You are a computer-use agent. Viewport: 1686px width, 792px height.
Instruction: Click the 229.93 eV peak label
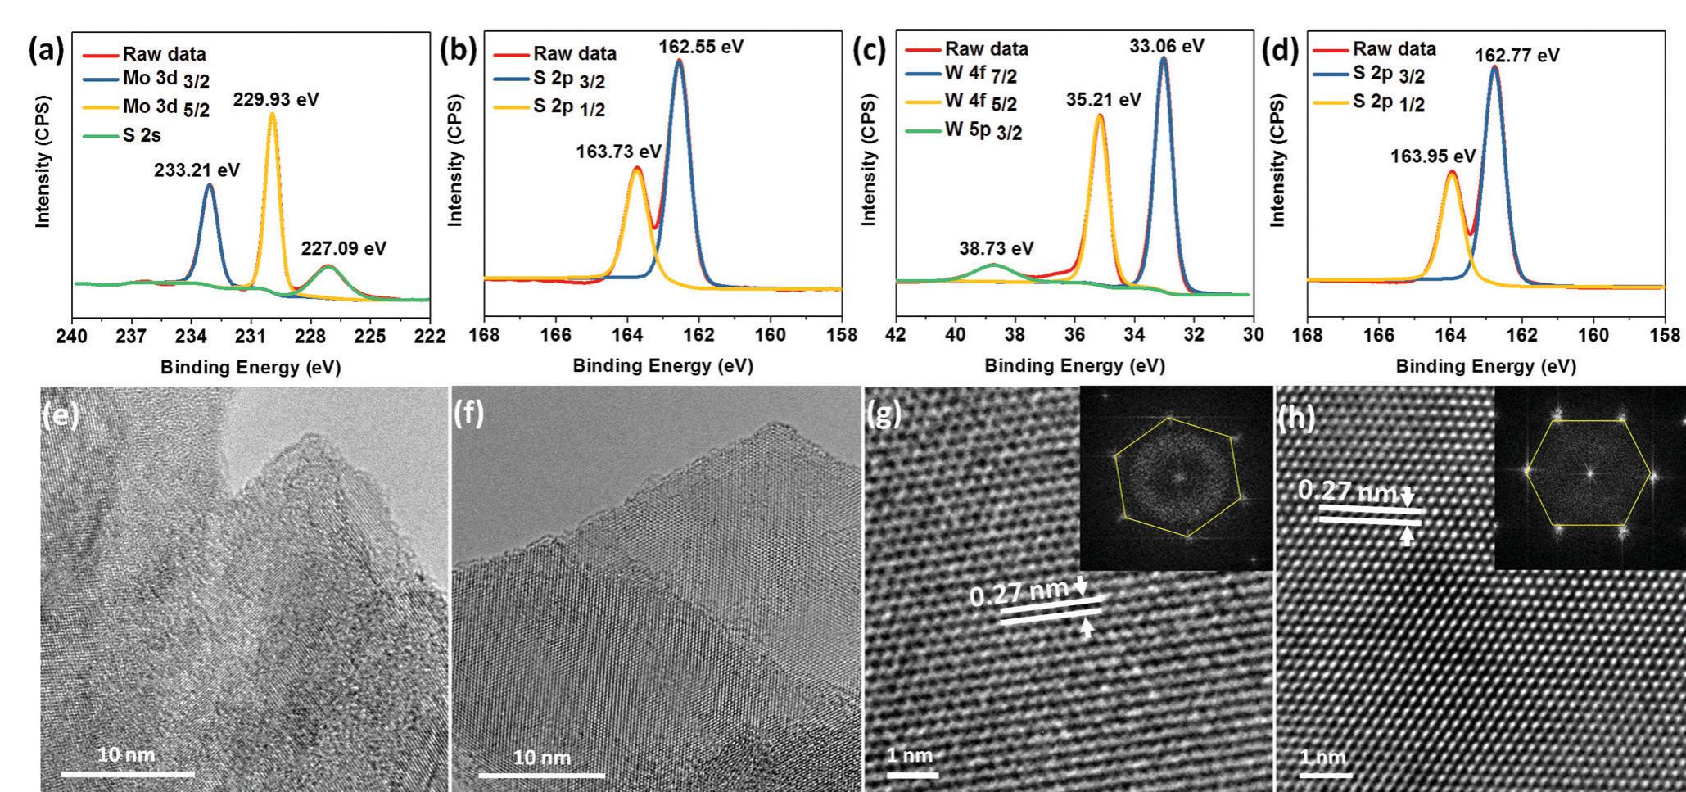pos(276,100)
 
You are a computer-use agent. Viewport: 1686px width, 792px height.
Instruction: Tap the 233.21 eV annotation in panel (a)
pos(197,170)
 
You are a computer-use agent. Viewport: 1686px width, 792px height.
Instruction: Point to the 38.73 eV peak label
pos(996,248)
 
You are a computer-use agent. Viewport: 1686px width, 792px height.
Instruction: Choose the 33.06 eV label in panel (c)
pos(1167,47)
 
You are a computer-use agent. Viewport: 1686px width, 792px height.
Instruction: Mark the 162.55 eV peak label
pos(701,47)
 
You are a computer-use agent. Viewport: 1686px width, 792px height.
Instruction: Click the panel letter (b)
pos(459,51)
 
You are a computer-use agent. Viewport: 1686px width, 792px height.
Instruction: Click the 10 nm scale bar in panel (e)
pos(127,772)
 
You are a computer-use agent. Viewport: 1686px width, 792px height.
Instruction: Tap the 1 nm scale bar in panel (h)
pos(1322,772)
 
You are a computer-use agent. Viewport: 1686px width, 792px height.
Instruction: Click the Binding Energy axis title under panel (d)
pos(1485,366)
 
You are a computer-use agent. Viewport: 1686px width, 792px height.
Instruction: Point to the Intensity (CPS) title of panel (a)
pos(43,161)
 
